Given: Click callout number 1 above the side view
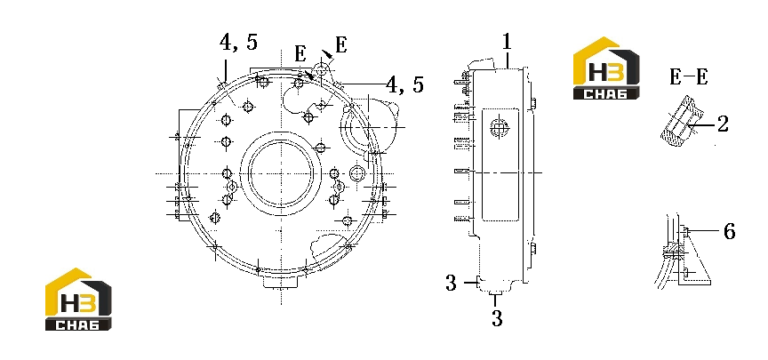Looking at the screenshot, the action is coord(507,42).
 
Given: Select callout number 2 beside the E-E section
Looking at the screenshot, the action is coord(723,124).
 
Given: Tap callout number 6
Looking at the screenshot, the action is coord(729,231).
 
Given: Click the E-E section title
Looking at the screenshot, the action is coord(689,77).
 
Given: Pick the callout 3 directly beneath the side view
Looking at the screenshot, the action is coord(497,318).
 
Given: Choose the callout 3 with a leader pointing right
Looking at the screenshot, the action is coord(451,283).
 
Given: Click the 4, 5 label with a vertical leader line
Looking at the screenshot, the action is coord(238,43).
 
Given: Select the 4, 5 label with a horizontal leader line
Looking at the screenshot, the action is coord(404,84).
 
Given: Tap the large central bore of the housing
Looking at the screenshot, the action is coord(281,173).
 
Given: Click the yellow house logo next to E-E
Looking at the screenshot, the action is coord(606,68).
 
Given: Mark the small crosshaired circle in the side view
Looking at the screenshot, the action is coord(499,128).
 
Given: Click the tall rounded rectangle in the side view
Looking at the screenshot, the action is coord(500,164).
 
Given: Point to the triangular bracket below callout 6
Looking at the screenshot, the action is coord(694,259).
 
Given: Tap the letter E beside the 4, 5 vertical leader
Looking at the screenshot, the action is coord(300,54).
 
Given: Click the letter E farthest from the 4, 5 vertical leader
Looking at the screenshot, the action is coord(341,45).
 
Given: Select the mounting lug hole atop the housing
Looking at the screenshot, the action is coord(320,69).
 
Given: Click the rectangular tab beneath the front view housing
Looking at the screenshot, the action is coord(282,282).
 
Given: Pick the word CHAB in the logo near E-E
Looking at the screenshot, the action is coord(606,93).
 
